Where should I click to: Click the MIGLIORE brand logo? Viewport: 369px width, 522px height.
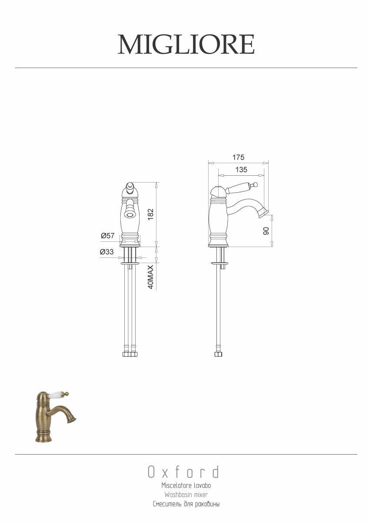click(186, 44)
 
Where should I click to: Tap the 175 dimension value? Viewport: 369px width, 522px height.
click(239, 157)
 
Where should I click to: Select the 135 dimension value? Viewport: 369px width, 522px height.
click(241, 170)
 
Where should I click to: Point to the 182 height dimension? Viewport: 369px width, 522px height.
click(151, 214)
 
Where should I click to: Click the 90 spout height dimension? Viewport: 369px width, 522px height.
click(266, 231)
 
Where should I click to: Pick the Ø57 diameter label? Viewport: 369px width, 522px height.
click(107, 236)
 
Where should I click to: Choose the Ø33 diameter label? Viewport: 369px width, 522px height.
click(107, 252)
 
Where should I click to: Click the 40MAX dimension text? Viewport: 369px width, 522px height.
click(151, 277)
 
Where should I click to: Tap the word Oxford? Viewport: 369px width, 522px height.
click(183, 472)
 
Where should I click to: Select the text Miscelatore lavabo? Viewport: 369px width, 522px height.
click(186, 485)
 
